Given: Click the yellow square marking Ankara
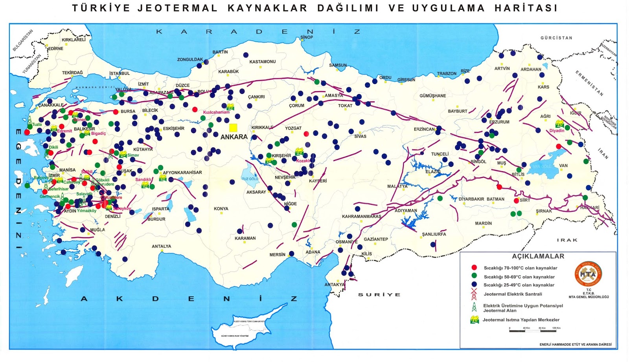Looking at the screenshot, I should pyautogui.click(x=233, y=128).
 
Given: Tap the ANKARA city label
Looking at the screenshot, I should pyautogui.click(x=234, y=137).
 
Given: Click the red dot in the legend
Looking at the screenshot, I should pyautogui.click(x=474, y=268).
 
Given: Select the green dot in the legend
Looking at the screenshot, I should pyautogui.click(x=474, y=276).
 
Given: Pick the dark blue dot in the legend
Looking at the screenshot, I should pyautogui.click(x=474, y=285).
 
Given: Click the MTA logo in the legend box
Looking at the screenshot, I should pyautogui.click(x=589, y=274).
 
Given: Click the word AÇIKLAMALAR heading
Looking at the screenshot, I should pyautogui.click(x=538, y=256).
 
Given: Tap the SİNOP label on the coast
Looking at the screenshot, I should pyautogui.click(x=307, y=37).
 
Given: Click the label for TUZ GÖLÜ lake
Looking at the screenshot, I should pyautogui.click(x=250, y=179).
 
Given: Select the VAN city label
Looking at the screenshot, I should pyautogui.click(x=563, y=165).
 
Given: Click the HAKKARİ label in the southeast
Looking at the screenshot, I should pyautogui.click(x=590, y=208).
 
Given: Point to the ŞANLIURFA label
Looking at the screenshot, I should pyautogui.click(x=434, y=234).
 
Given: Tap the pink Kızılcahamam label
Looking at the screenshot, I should pyautogui.click(x=216, y=112).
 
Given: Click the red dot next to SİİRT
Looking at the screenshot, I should pyautogui.click(x=516, y=200).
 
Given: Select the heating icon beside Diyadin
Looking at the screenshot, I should pyautogui.click(x=560, y=124).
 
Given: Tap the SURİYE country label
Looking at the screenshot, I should pyautogui.click(x=379, y=294).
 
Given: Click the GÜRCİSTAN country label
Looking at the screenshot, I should pyautogui.click(x=556, y=38).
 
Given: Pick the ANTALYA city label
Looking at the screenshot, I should pyautogui.click(x=161, y=246).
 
